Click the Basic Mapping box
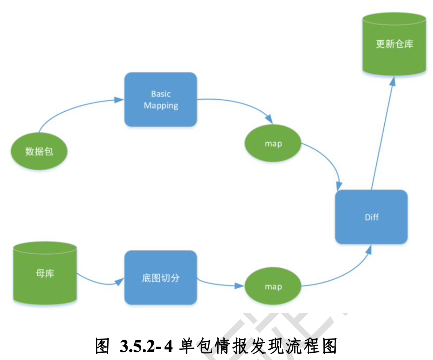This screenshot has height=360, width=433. click(161, 99)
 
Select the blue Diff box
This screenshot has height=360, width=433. click(371, 217)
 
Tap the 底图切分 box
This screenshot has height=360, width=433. click(161, 278)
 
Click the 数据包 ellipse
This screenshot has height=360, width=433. click(39, 151)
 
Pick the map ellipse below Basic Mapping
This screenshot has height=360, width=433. click(273, 144)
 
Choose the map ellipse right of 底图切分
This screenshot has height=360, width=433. click(273, 287)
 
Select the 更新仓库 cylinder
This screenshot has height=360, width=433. click(394, 44)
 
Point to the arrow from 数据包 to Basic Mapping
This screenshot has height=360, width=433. click(73, 107)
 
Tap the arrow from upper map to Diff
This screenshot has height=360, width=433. click(329, 160)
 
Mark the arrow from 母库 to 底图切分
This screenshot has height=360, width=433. click(98, 283)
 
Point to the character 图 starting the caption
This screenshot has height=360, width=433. click(102, 347)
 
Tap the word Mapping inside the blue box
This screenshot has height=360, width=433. click(161, 106)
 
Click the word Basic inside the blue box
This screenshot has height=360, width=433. click(161, 94)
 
